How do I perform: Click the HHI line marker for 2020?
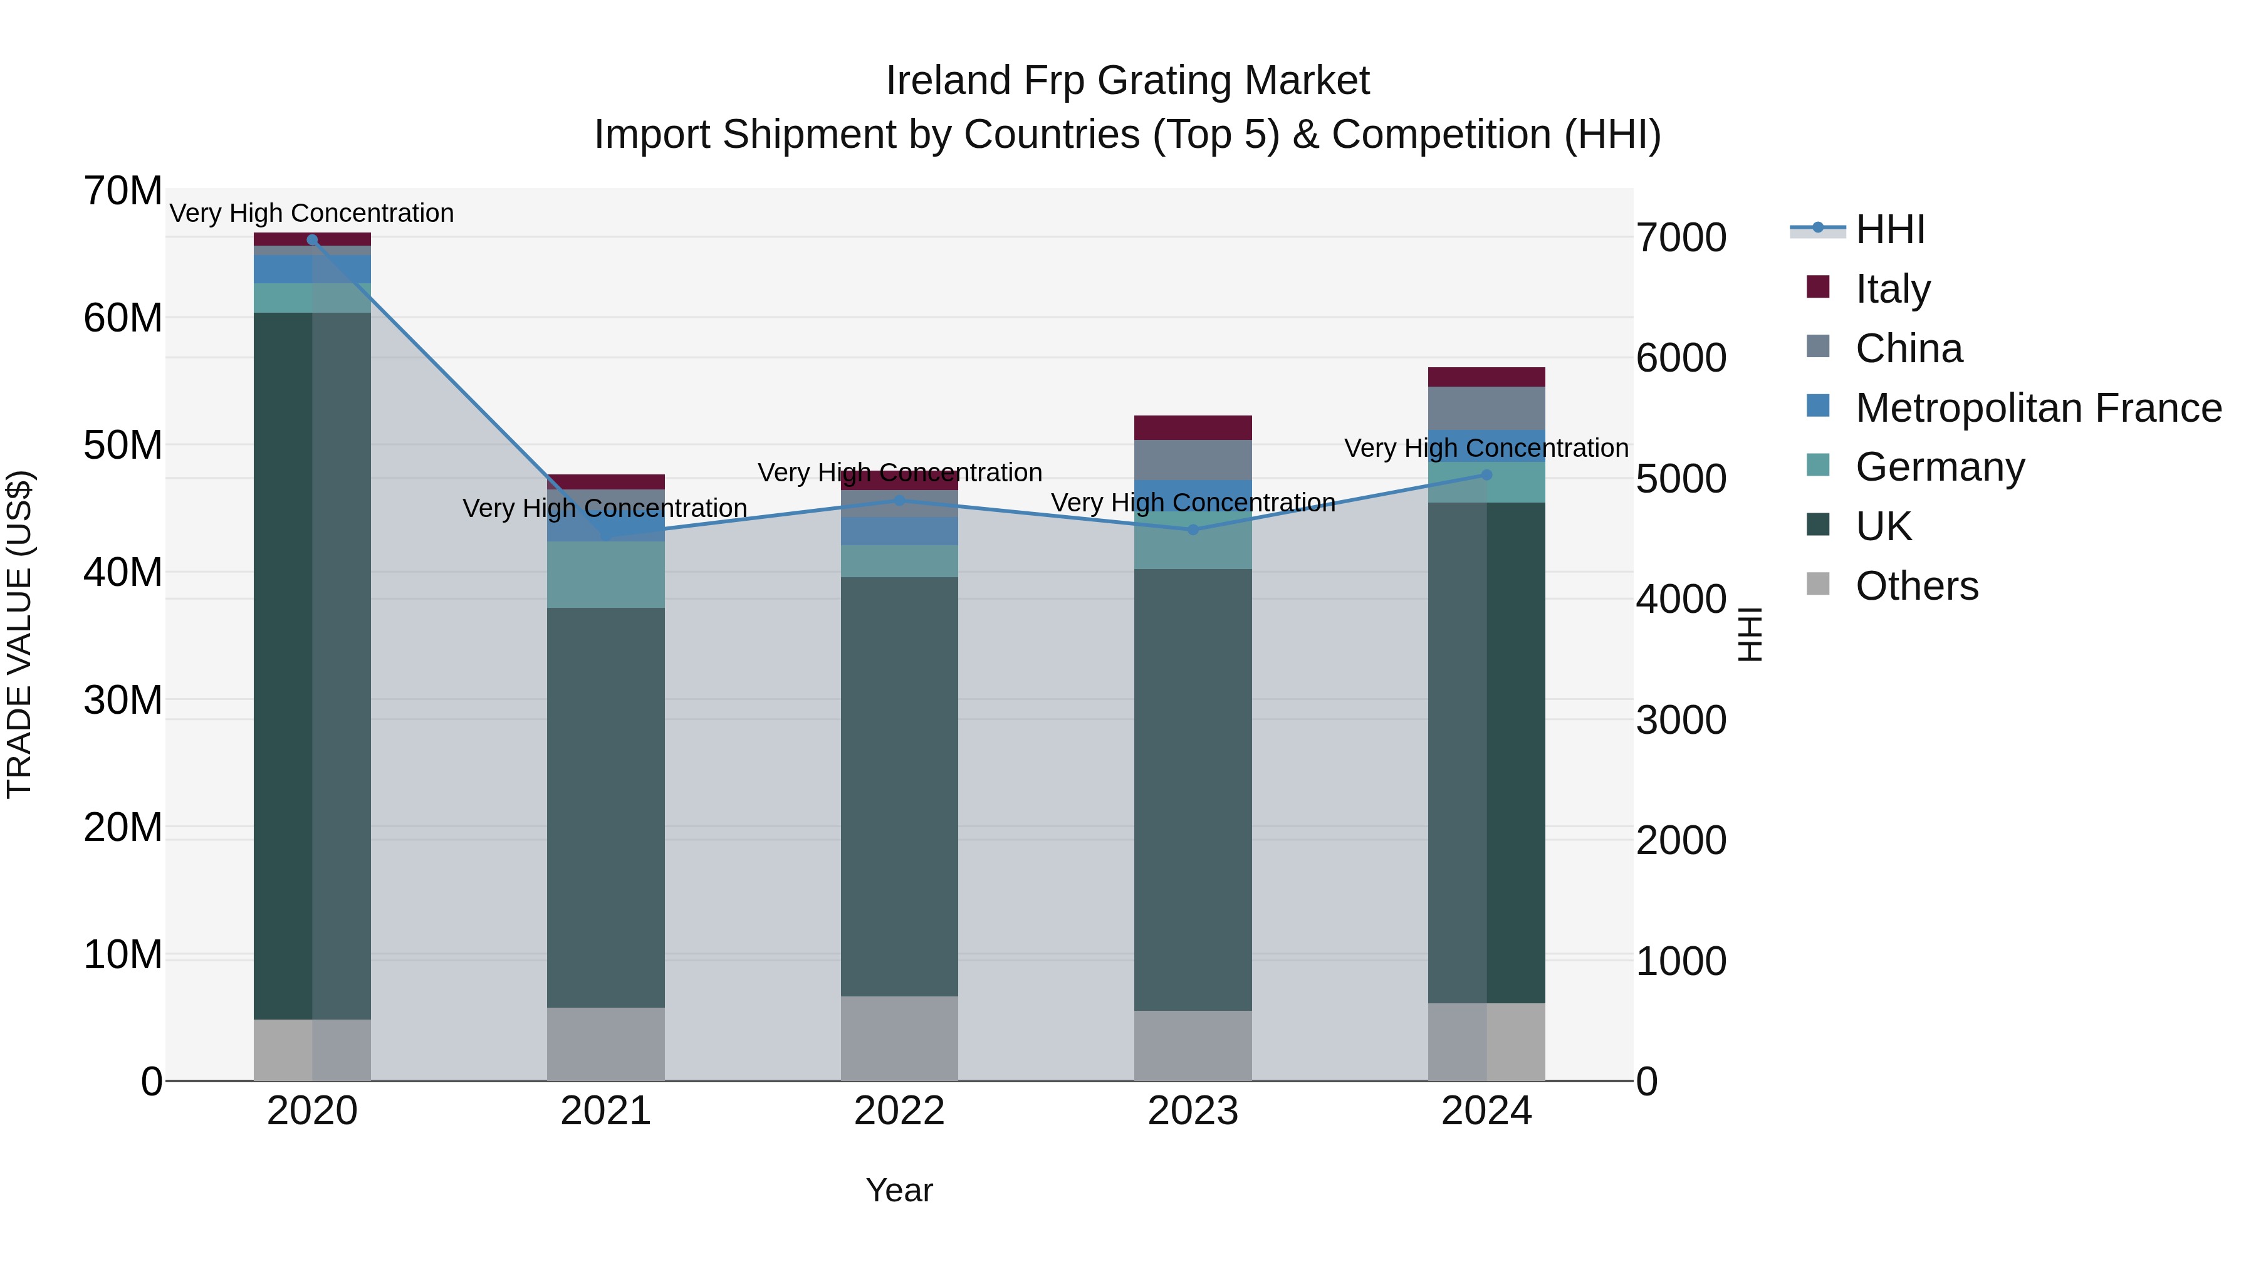coord(312,239)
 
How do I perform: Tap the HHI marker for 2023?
coord(1192,530)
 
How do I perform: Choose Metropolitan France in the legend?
coord(2037,407)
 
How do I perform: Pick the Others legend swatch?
coord(1817,584)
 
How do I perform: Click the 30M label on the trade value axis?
coord(123,700)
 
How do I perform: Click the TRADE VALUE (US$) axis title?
coord(20,635)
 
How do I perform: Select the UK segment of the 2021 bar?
coord(605,806)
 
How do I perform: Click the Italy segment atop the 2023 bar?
coord(1192,427)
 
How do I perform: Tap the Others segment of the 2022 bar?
coord(899,1038)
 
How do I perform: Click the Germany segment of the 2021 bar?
coord(605,575)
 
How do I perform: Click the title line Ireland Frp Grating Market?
coord(1127,81)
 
